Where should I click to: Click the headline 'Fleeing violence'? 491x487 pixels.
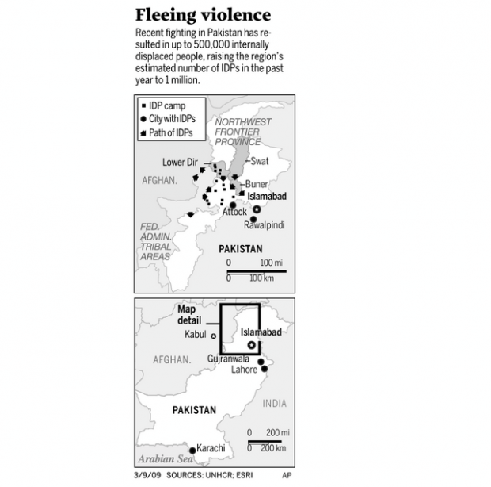click(x=203, y=15)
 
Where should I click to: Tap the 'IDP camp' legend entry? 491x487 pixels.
click(x=164, y=106)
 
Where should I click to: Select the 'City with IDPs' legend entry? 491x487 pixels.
click(x=168, y=119)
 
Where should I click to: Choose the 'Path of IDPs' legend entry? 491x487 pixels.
click(x=166, y=133)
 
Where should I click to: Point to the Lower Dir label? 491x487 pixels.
click(x=180, y=162)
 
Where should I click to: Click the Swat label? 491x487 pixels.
click(x=259, y=161)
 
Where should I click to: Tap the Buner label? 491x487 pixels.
click(x=257, y=184)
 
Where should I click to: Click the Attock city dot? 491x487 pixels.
click(x=233, y=205)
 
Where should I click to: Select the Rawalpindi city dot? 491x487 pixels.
click(x=253, y=219)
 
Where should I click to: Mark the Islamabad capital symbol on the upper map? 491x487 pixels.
click(x=257, y=209)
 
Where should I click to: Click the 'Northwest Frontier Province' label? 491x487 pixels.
click(x=243, y=132)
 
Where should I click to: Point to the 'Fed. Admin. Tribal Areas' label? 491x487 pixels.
click(x=156, y=241)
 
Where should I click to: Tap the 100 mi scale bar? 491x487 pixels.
click(x=257, y=271)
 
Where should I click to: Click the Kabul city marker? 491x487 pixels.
click(x=214, y=336)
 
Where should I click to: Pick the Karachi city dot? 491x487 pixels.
click(x=192, y=451)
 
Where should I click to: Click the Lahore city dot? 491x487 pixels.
click(x=265, y=369)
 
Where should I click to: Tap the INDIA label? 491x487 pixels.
click(x=274, y=403)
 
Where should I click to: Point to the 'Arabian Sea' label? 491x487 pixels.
click(x=166, y=459)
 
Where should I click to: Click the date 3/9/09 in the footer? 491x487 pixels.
click(x=147, y=475)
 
